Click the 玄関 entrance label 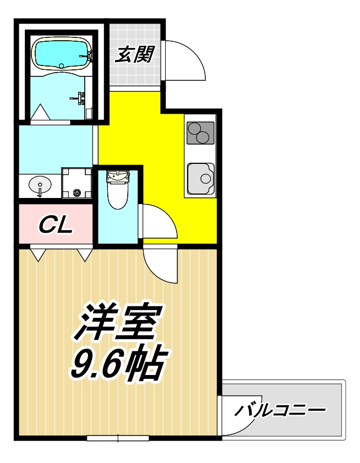[x=134, y=54]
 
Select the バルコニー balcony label [x=279, y=410]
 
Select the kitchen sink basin [x=200, y=178]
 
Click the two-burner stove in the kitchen [x=200, y=133]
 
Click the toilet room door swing [x=159, y=221]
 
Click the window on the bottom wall [x=118, y=438]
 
